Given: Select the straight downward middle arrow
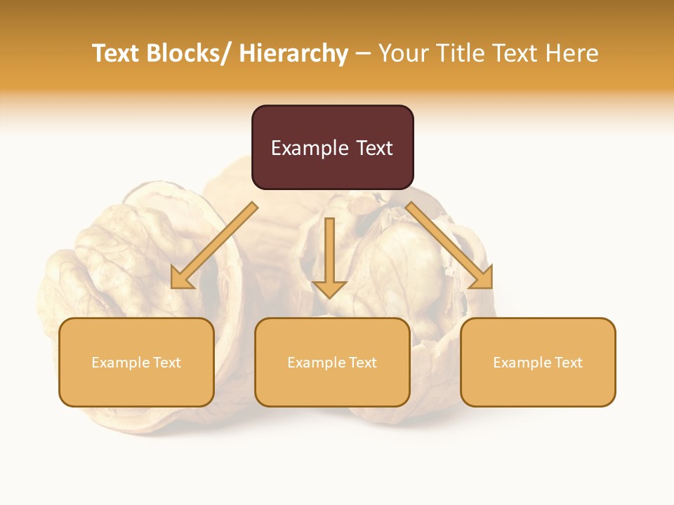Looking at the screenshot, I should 329,256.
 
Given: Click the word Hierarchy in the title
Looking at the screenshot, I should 293,53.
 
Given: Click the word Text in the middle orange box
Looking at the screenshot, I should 360,363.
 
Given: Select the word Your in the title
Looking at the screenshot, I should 403,53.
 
